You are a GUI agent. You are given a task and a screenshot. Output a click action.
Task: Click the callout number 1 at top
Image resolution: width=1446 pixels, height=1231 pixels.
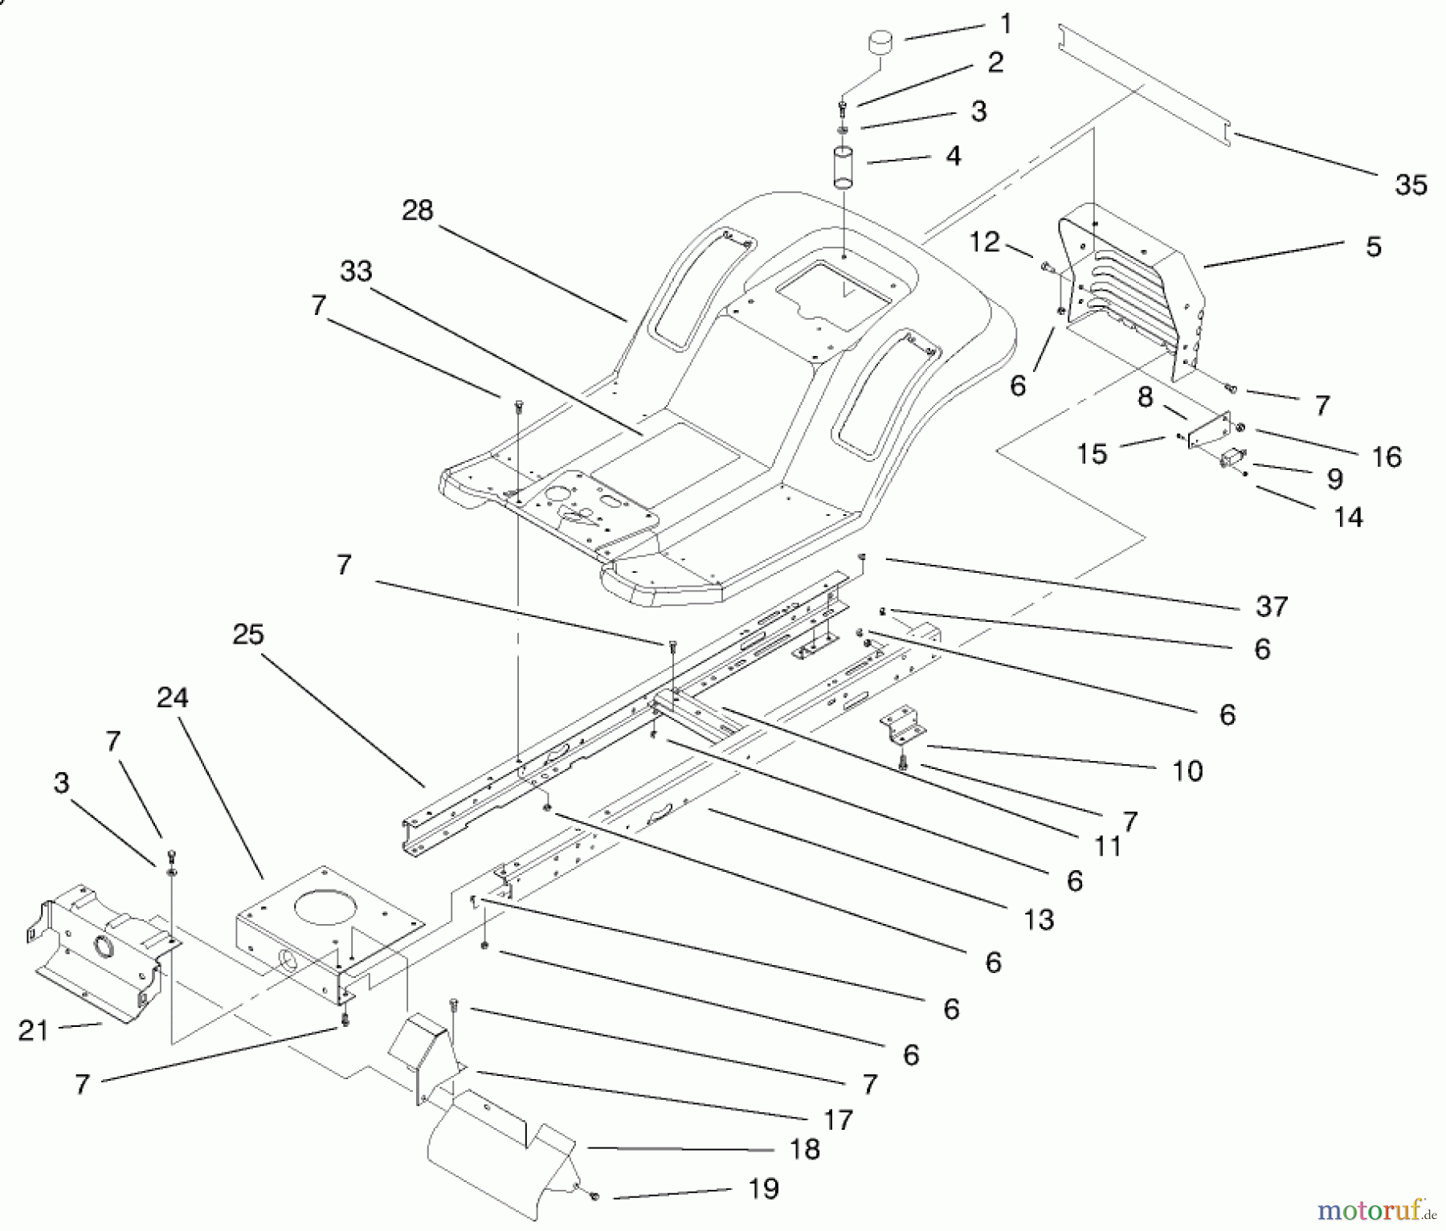tap(1006, 24)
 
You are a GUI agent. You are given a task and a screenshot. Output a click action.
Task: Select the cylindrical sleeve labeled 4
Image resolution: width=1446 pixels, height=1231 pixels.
tap(844, 167)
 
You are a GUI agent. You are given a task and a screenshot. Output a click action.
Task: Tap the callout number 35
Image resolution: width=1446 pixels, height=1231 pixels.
tap(1411, 186)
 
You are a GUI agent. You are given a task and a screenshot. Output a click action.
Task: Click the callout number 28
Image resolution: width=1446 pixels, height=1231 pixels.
tap(417, 211)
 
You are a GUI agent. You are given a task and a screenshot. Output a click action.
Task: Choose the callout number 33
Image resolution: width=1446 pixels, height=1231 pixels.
tap(356, 272)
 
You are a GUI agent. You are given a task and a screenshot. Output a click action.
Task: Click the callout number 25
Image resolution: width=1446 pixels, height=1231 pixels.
tap(248, 635)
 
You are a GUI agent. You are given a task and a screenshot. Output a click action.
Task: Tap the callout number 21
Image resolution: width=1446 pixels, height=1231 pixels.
tap(34, 1031)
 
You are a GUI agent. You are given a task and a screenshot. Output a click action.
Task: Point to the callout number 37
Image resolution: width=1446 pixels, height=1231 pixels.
tap(1272, 607)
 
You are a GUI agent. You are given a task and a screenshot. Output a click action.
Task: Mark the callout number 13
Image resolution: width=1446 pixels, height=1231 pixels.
tap(1039, 920)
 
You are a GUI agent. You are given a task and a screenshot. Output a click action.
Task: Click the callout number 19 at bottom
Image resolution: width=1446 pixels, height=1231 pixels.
tap(763, 1189)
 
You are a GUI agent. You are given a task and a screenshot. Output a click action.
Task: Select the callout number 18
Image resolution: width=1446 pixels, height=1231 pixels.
tap(804, 1149)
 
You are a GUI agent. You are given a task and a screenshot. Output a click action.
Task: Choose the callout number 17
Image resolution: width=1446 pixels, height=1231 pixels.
tap(838, 1119)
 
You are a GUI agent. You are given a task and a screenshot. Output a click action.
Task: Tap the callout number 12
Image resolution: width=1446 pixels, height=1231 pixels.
tap(985, 242)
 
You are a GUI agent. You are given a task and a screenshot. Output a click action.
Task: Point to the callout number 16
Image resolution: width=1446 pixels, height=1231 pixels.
tap(1387, 457)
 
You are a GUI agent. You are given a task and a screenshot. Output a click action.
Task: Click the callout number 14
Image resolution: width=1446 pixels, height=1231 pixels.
tap(1349, 517)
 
